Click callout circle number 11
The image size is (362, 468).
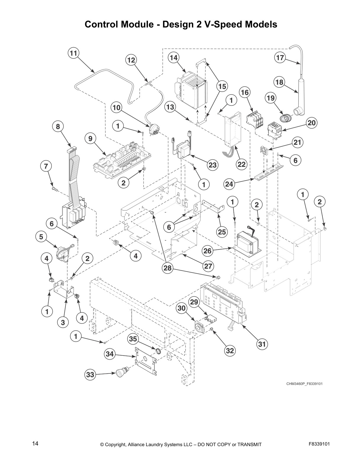tap(73, 53)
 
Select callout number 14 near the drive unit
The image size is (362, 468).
tap(174, 58)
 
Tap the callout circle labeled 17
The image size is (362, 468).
tap(280, 58)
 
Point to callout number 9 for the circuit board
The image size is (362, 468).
tap(90, 138)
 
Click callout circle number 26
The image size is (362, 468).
tap(208, 251)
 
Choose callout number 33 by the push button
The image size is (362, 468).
tap(90, 375)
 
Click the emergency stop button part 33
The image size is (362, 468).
tap(121, 372)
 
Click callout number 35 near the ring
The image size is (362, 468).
tap(133, 339)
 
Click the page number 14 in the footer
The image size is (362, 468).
tap(35, 443)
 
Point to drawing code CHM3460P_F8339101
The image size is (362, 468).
tap(304, 384)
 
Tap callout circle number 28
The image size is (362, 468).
tap(167, 268)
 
